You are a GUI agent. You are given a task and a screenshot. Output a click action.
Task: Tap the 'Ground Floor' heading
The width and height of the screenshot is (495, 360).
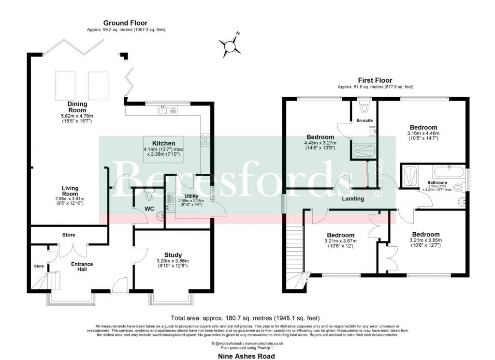coord(125,23)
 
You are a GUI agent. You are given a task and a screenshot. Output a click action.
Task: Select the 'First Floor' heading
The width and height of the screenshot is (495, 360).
coord(375,80)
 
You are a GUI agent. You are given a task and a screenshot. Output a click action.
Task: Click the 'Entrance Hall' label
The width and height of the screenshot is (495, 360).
coord(82,267)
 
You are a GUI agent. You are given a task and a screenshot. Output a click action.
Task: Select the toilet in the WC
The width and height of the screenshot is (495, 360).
coord(148,196)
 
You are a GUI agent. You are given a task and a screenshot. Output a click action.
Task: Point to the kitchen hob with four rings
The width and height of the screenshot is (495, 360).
coord(205,140)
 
